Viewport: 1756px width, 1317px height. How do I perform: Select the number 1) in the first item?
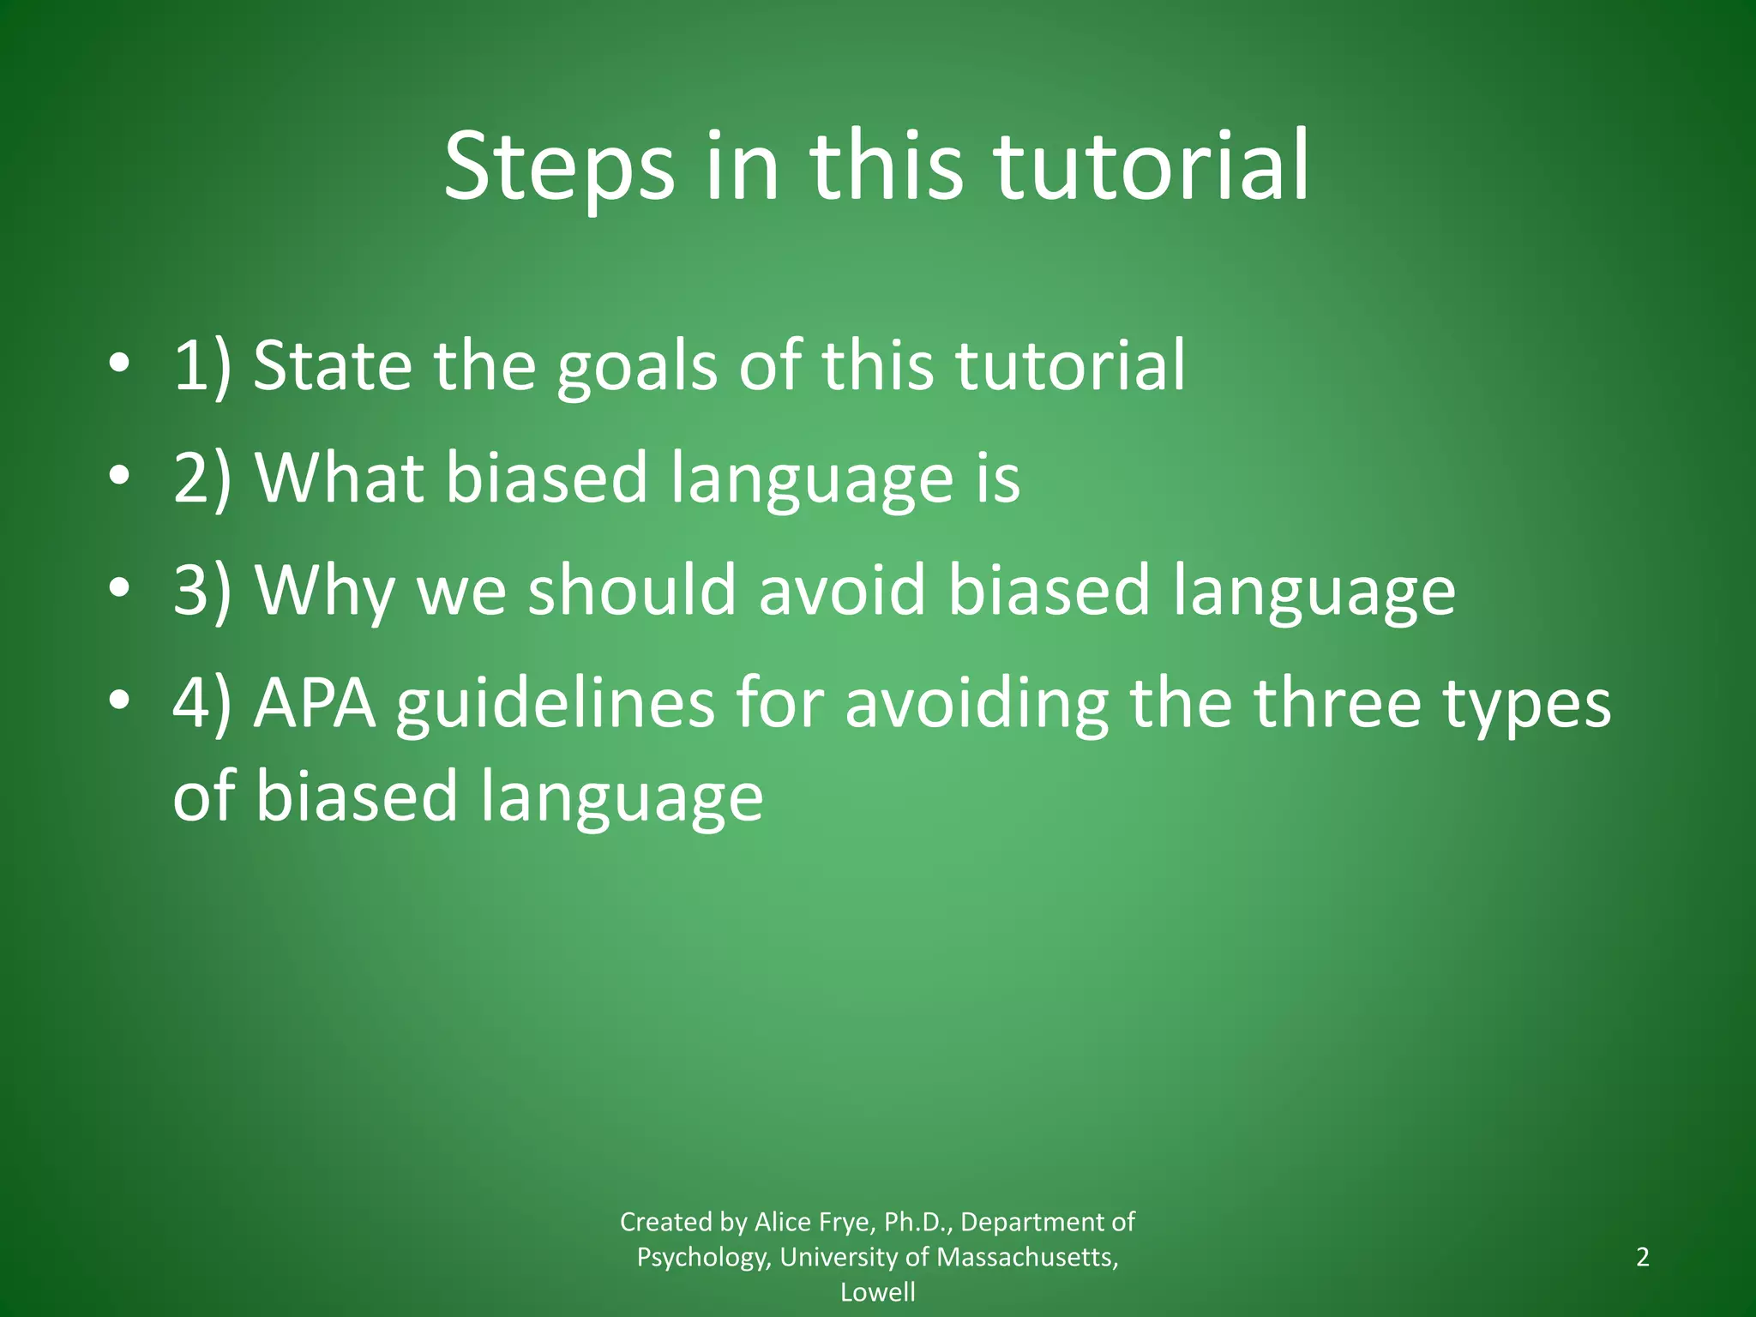(x=202, y=366)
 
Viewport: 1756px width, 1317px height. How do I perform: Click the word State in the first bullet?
(x=332, y=366)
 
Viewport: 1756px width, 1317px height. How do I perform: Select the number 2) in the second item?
(x=202, y=478)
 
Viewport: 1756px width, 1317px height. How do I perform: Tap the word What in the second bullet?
(x=340, y=478)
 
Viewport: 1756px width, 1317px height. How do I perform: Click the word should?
(x=631, y=590)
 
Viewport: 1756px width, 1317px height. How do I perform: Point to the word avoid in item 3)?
(x=842, y=590)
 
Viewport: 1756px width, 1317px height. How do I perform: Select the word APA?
(x=315, y=704)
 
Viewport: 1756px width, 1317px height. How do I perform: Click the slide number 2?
(x=1642, y=1257)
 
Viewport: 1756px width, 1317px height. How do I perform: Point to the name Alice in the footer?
(x=785, y=1221)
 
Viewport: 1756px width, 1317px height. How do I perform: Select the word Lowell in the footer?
(x=877, y=1291)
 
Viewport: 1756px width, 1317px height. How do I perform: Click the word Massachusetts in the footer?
(x=1026, y=1257)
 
